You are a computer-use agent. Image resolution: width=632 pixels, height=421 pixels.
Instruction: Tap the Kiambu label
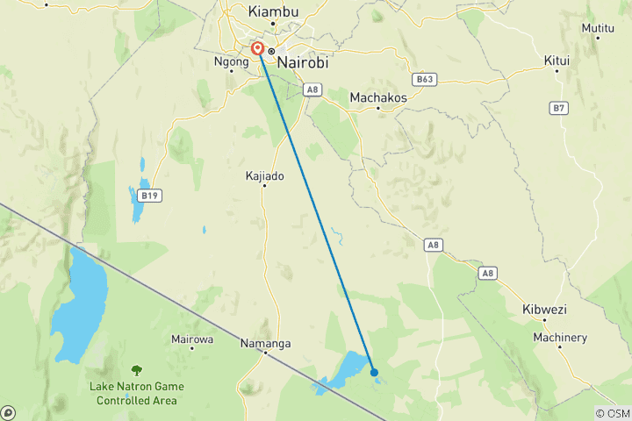coord(273,11)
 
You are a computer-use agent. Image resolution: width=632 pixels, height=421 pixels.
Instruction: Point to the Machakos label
coord(378,97)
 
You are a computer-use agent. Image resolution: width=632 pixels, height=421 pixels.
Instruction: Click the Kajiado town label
coord(265,175)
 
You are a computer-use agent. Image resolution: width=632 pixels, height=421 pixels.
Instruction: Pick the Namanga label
coord(265,344)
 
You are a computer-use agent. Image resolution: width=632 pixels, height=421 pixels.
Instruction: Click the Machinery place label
coord(560,338)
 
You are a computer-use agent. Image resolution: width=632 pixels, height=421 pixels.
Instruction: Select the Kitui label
coord(557,61)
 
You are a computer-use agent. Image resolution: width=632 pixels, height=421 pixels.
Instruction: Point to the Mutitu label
coord(598,28)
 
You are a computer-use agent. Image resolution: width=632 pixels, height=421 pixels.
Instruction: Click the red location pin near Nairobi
coord(258,49)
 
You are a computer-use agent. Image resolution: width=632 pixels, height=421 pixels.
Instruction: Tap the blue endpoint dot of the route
coord(374,372)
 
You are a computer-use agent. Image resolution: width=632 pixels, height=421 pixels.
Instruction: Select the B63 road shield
coord(426,79)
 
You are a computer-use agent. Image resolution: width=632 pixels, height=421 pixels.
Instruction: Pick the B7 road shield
coord(559,108)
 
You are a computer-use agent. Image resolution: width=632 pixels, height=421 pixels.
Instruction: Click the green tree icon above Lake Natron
coord(136,371)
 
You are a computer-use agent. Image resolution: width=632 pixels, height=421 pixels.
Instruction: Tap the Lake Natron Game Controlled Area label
coord(133,393)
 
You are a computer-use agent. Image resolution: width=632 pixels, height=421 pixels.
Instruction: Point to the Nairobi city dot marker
coord(272,51)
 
